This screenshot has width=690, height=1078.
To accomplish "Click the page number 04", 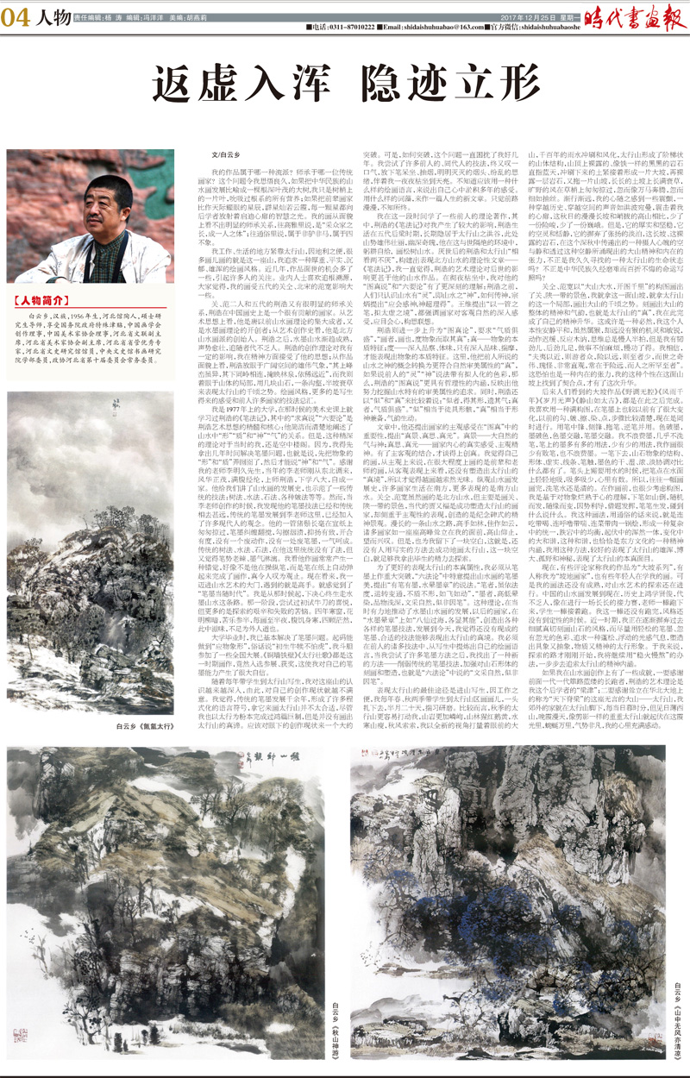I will [19, 20].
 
